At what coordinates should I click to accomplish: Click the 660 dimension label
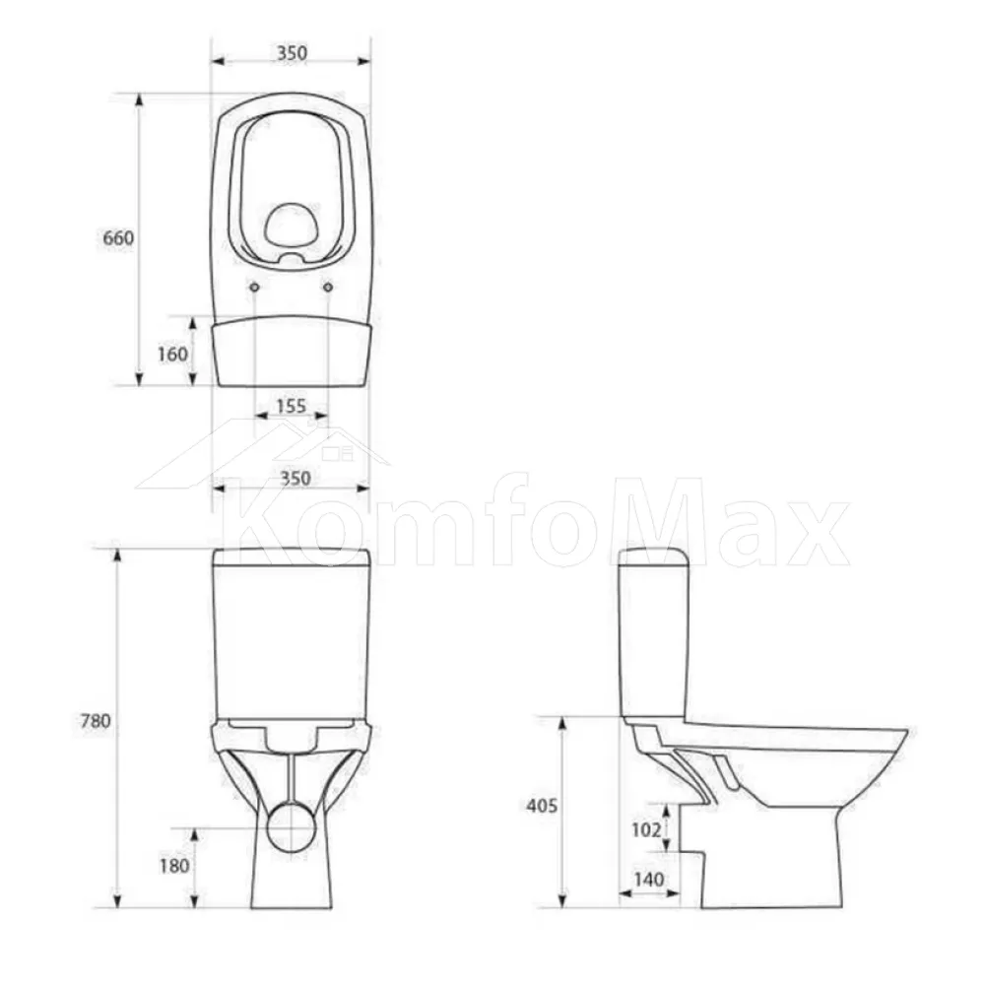coord(118,238)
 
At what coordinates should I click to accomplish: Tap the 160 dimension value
coord(172,355)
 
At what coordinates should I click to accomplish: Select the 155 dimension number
coord(291,406)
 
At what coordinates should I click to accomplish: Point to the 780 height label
coord(96,721)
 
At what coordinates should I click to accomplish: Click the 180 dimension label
coord(174,866)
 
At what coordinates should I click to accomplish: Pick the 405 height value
coord(542,805)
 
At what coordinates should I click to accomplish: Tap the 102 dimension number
coord(646,829)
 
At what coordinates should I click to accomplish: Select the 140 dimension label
coord(648,879)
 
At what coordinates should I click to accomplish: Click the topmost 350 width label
coord(293,53)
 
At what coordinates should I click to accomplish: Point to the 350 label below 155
coord(295,478)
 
